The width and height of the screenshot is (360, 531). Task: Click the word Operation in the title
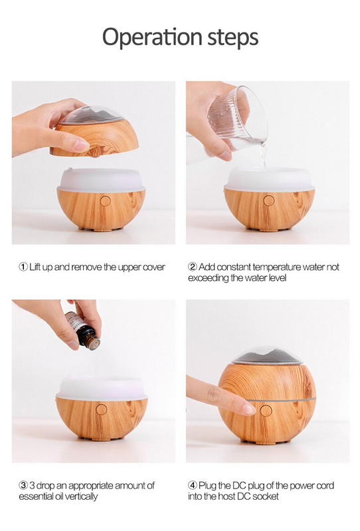tap(152, 37)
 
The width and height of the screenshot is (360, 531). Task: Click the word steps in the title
tap(233, 37)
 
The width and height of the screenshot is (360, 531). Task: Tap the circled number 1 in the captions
tap(23, 267)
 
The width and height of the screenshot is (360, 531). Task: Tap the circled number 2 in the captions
tap(193, 267)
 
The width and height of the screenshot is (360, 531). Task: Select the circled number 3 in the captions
tap(23, 486)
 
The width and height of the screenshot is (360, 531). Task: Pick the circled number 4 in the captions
tap(193, 486)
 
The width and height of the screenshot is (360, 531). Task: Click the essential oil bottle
tap(83, 330)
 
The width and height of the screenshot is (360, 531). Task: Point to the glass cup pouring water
tap(237, 119)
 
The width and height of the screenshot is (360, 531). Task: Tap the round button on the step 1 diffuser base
tap(106, 201)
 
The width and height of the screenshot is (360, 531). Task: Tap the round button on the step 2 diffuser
tap(269, 200)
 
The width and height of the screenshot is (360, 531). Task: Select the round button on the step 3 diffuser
tap(102, 410)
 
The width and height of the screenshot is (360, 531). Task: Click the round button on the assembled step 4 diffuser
tap(266, 411)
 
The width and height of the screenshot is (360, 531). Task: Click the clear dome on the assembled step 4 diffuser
tap(268, 355)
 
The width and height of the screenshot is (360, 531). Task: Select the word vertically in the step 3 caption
tap(81, 496)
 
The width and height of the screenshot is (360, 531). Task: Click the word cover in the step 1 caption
tap(153, 267)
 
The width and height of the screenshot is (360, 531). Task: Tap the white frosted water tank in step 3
tap(102, 388)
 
